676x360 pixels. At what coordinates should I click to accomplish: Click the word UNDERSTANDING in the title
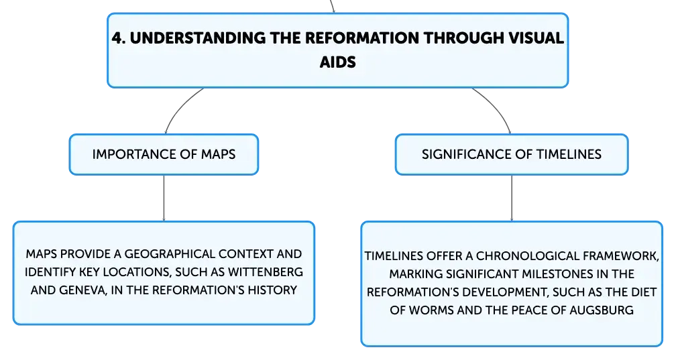click(198, 38)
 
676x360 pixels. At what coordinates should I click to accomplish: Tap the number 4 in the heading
click(117, 38)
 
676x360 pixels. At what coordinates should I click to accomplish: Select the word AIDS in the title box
click(337, 62)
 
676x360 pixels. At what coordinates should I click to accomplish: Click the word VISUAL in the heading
click(535, 38)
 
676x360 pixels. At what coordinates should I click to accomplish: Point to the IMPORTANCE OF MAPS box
click(164, 154)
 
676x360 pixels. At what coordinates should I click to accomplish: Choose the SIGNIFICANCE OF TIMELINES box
click(512, 154)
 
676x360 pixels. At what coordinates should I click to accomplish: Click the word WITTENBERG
click(266, 272)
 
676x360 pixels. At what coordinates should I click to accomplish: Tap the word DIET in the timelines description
click(644, 292)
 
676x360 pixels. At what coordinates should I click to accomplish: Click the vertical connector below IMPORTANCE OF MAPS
click(164, 198)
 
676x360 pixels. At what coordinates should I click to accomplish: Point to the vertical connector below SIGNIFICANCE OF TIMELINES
click(512, 198)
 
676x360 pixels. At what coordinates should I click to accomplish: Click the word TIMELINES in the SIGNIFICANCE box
click(569, 154)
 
